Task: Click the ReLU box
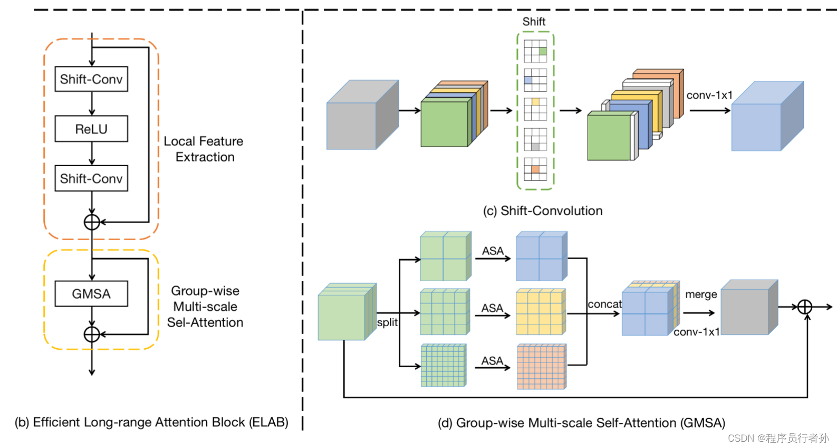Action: coord(91,129)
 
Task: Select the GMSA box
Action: coord(91,294)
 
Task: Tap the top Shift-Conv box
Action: coord(91,79)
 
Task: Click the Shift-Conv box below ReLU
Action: coord(91,178)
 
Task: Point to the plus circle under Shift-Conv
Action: coord(92,222)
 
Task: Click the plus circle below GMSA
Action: coord(92,334)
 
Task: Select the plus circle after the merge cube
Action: coord(804,307)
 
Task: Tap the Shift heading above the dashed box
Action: coord(534,22)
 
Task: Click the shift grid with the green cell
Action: coord(535,51)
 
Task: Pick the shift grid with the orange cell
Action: coord(535,169)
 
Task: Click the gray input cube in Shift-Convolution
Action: coord(359,119)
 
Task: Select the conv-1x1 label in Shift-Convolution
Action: coord(709,96)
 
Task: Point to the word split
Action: coord(387,322)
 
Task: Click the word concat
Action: coord(604,304)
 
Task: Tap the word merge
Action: coord(701,294)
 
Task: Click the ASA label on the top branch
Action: coord(493,251)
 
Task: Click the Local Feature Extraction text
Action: coord(204,149)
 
